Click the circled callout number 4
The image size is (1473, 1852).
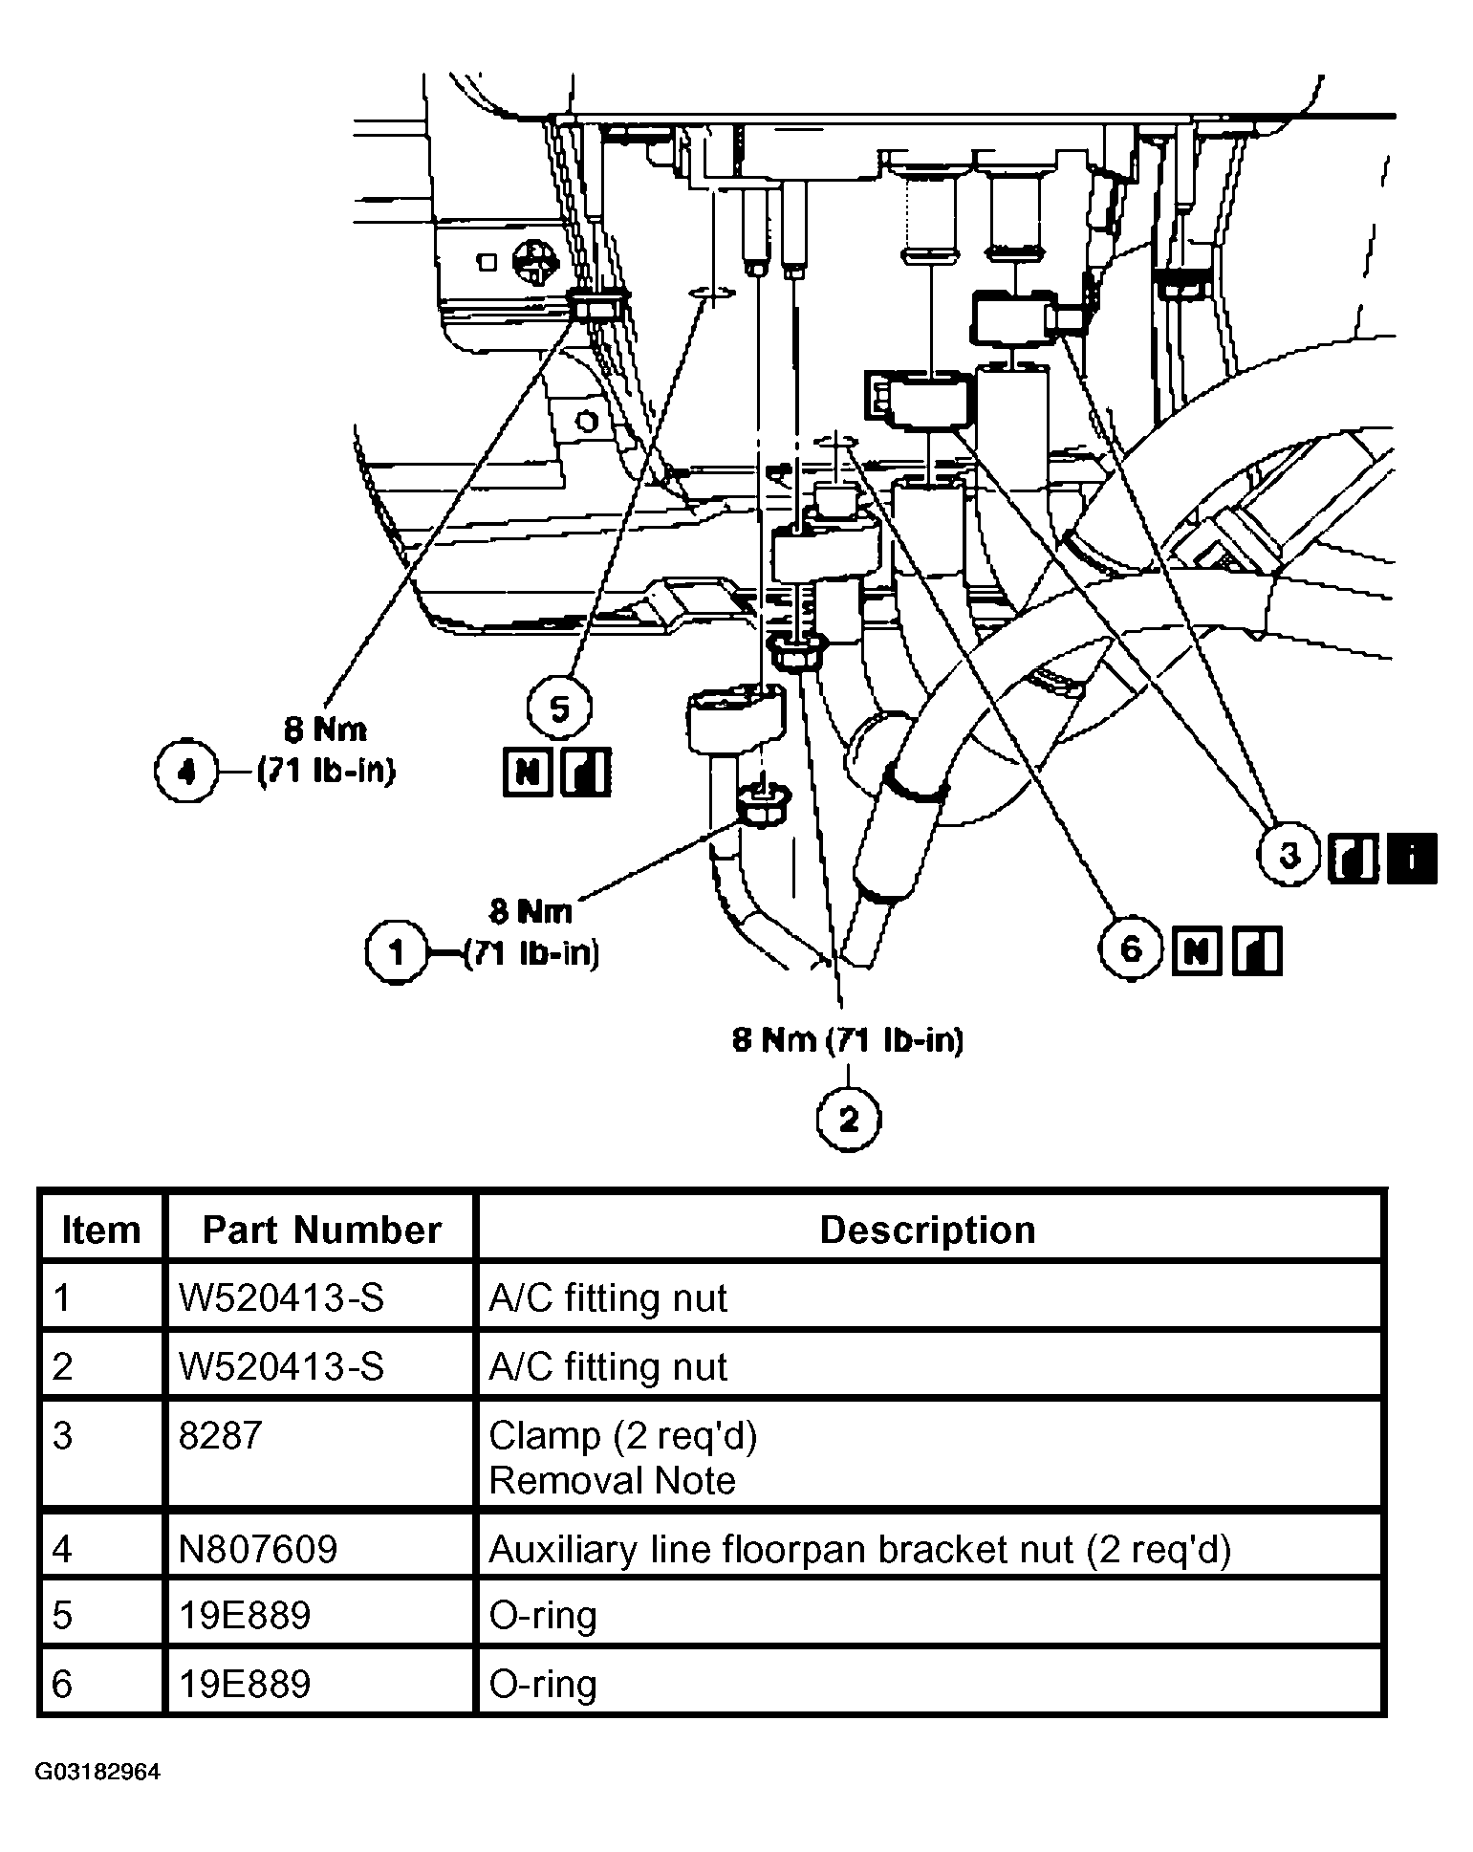click(186, 771)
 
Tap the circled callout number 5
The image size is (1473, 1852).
click(560, 709)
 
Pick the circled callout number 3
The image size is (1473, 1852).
click(1289, 855)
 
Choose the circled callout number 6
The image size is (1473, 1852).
click(1131, 949)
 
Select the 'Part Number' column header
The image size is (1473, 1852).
click(321, 1230)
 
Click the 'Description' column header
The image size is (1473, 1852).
click(927, 1230)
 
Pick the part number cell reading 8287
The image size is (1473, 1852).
click(220, 1435)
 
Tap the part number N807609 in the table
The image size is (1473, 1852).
click(257, 1549)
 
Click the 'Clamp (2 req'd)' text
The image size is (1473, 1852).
click(622, 1435)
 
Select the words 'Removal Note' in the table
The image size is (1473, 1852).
click(612, 1481)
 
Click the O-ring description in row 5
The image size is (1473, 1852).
click(542, 1616)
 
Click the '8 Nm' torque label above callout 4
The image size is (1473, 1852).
click(325, 730)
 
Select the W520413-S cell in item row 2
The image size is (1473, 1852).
click(281, 1366)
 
